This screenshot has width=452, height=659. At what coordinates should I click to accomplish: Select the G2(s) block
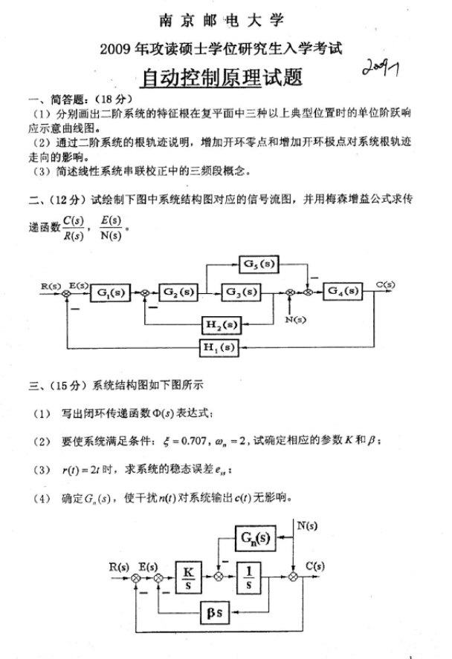pyautogui.click(x=179, y=292)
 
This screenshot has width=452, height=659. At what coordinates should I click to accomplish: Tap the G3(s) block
pyautogui.click(x=242, y=292)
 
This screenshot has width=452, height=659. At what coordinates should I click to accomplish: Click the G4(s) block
pyautogui.click(x=343, y=292)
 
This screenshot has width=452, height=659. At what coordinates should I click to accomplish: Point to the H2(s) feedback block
pyautogui.click(x=222, y=324)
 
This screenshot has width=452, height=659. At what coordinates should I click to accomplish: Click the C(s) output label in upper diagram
pyautogui.click(x=386, y=283)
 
